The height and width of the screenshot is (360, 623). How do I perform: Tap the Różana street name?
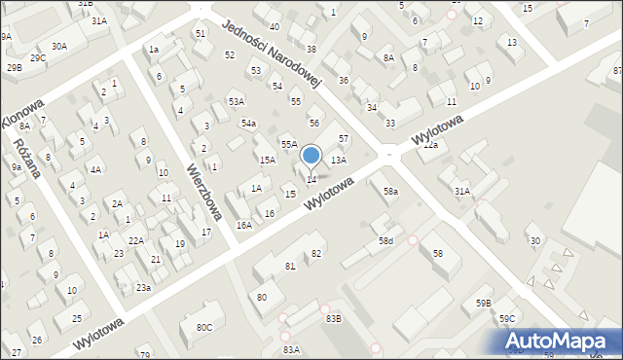pos(26,157)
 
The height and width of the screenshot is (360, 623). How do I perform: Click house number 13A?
pos(338,160)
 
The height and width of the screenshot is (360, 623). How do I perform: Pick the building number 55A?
pos(289,144)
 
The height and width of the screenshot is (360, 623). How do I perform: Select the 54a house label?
pos(249,124)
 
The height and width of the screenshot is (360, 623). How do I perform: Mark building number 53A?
pos(237,101)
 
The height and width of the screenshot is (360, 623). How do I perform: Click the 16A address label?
pos(243,225)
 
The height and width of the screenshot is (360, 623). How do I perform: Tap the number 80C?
pos(203,328)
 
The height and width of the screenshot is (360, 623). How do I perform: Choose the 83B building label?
pos(334,318)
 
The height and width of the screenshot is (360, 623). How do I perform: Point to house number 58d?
pos(386,240)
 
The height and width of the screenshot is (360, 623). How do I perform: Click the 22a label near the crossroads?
pos(430,145)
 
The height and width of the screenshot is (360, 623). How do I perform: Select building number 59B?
pos(484,304)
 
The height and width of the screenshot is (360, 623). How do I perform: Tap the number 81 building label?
pos(290,266)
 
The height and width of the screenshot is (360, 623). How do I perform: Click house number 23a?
pos(143,287)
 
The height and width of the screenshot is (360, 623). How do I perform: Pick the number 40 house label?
pos(275,27)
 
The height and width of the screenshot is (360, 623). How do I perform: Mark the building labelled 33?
pos(389,124)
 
